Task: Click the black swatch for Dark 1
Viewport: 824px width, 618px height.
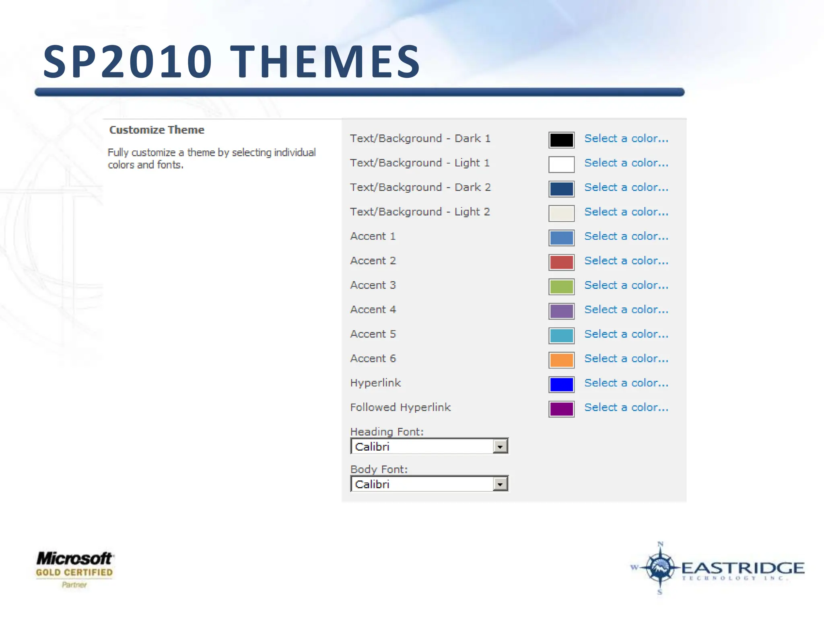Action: (561, 140)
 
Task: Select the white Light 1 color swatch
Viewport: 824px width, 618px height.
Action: (561, 165)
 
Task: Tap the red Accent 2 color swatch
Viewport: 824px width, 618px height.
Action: (561, 262)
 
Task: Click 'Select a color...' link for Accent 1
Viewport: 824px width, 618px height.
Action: (626, 236)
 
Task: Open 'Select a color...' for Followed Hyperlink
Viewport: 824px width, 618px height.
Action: (626, 408)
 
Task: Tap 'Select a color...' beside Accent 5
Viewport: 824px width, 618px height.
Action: (626, 334)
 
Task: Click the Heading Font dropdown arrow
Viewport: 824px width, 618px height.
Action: (500, 447)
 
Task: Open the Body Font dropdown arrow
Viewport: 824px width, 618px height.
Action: (500, 484)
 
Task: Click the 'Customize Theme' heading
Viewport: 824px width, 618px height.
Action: (157, 130)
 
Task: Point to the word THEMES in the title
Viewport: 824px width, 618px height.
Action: (325, 62)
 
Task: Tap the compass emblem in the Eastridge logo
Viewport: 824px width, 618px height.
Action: (659, 567)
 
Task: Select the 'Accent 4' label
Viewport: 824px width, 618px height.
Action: (373, 310)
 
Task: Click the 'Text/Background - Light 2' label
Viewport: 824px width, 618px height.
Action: (420, 212)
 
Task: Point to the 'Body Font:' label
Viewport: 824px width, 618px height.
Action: (379, 470)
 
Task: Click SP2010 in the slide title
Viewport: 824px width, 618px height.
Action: (128, 62)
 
